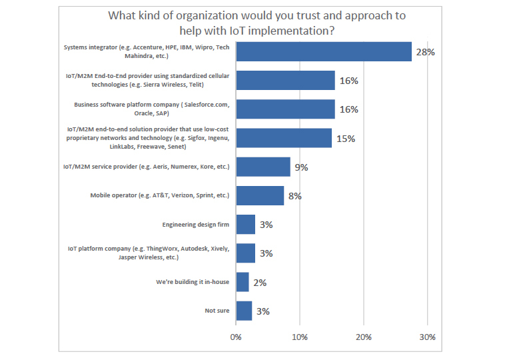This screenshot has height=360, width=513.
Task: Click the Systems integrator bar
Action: [324, 51]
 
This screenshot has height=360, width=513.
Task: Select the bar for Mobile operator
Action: [260, 195]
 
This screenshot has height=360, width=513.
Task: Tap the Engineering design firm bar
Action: [245, 225]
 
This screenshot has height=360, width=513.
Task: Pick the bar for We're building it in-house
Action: [242, 282]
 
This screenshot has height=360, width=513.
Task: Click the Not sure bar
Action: [244, 311]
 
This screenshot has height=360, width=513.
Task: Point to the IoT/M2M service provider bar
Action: [263, 167]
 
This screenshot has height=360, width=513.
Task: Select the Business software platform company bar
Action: [285, 109]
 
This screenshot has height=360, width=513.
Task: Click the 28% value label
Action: [425, 52]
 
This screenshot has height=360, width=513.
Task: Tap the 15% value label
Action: [345, 139]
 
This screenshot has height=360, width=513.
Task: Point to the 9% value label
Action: [301, 167]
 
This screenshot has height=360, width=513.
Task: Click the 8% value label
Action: [294, 196]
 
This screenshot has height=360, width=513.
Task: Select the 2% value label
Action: [259, 283]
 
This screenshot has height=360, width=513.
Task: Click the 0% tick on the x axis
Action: [236, 337]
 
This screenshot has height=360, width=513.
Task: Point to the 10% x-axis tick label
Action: [299, 337]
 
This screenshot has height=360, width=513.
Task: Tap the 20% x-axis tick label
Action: [363, 337]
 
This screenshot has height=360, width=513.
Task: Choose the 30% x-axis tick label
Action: [427, 337]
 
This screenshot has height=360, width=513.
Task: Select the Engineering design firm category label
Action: [195, 225]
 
